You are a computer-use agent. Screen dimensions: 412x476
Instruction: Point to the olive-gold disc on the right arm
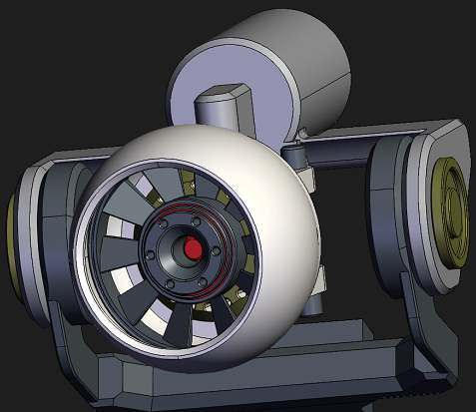pos(451,214)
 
